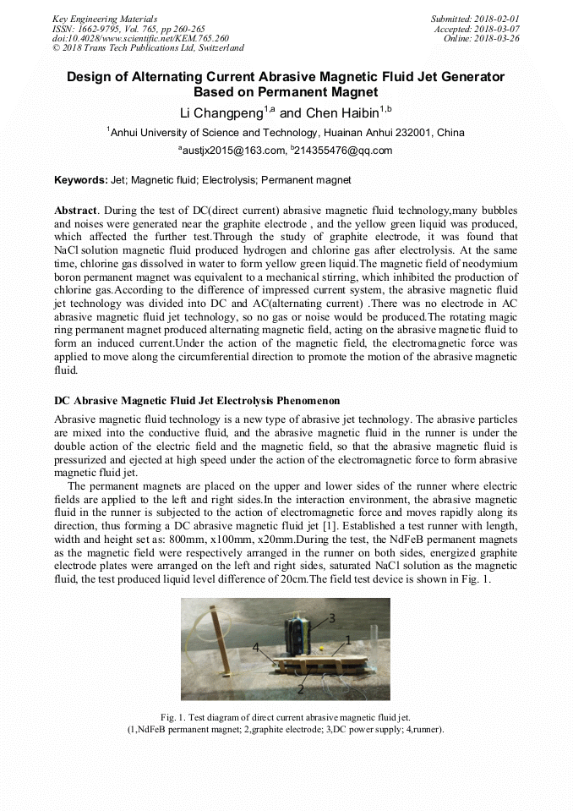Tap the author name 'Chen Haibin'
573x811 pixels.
[340, 113]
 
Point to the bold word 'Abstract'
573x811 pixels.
[75, 210]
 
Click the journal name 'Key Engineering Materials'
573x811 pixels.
[105, 19]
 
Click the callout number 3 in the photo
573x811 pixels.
[332, 618]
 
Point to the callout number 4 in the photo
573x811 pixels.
[255, 648]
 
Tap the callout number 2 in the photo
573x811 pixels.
[300, 689]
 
